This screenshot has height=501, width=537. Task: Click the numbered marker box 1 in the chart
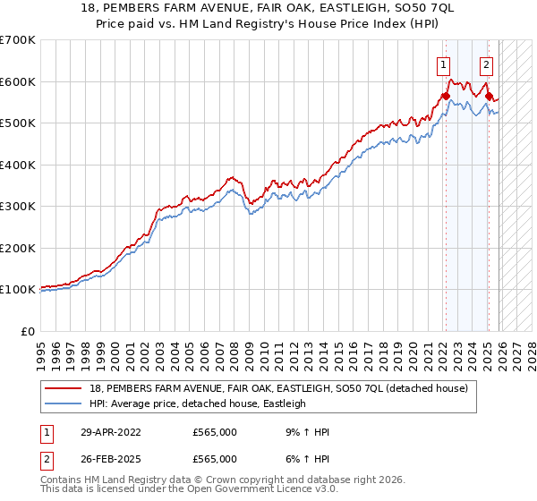pos(444,64)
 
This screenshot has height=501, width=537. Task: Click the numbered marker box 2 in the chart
pos(486,64)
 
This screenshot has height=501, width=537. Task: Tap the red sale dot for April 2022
pos(445,96)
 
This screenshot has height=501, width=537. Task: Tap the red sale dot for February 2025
pos(489,96)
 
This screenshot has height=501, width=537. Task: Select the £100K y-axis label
pos(18,290)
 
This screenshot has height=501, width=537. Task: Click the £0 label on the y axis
pos(27,331)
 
